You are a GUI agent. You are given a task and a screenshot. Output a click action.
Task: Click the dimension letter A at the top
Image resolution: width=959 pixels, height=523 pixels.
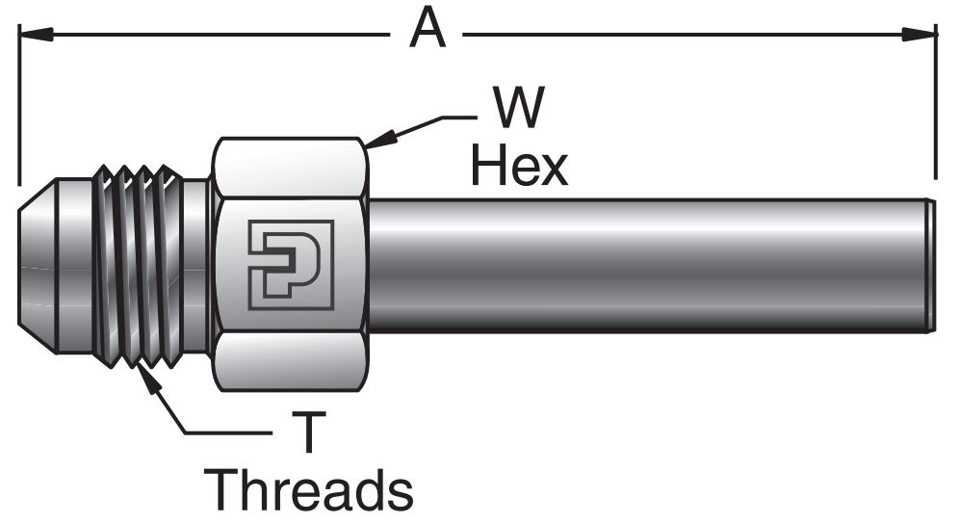click(428, 29)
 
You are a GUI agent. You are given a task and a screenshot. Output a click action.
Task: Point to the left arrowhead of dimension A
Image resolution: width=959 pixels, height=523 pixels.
click(29, 35)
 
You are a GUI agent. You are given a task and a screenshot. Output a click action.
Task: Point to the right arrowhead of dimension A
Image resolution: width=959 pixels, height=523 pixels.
click(925, 35)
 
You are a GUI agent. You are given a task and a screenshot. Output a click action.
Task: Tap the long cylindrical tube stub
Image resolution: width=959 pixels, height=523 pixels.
click(645, 265)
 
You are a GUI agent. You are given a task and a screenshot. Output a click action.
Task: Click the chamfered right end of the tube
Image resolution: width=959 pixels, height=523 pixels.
click(930, 265)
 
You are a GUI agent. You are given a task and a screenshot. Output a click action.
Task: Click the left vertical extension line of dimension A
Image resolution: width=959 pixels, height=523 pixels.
click(18, 106)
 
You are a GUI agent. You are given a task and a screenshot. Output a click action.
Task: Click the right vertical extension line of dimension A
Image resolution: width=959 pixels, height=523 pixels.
click(936, 106)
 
